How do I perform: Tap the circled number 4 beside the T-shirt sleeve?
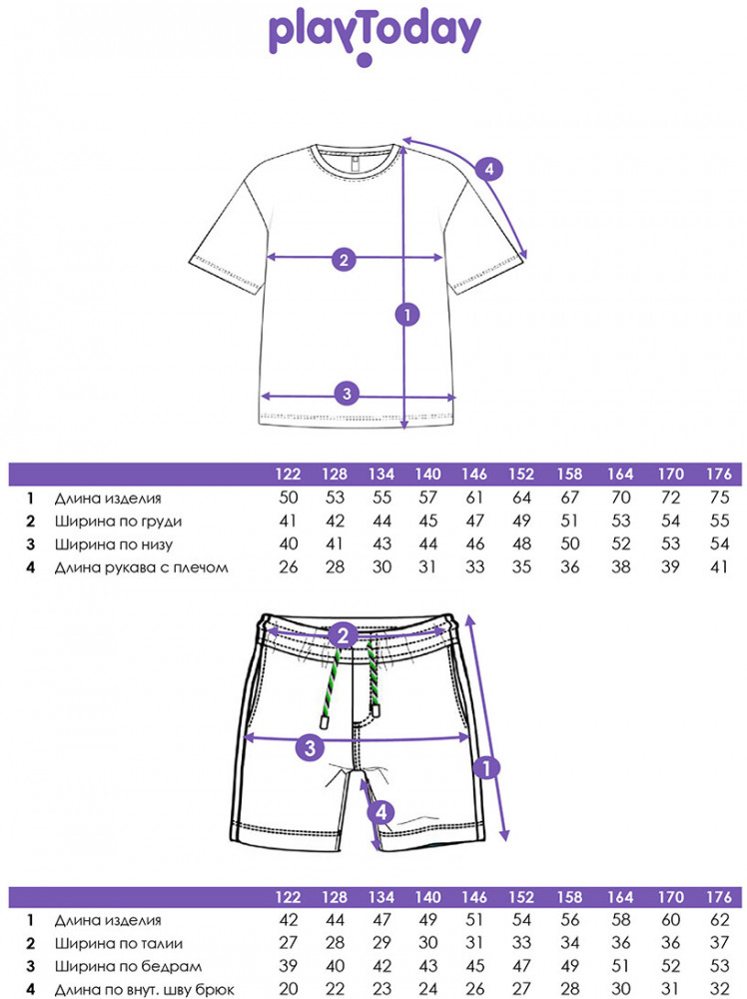488,169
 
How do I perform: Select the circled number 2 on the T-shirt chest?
343,260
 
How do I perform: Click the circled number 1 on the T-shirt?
404,316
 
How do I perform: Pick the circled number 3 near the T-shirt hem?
346,393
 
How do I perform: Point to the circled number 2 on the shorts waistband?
344,635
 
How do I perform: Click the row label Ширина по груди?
119,520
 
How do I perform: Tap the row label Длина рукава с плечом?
142,567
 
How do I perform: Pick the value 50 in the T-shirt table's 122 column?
290,498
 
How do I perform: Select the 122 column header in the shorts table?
290,896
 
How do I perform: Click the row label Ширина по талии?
120,943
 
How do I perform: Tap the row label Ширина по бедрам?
128,966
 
